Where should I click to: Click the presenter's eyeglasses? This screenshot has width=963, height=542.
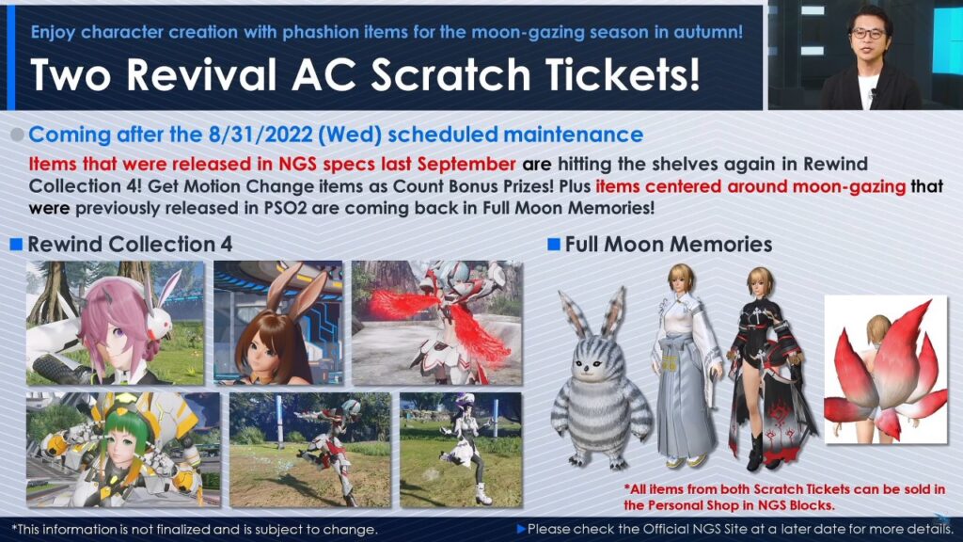click(x=868, y=34)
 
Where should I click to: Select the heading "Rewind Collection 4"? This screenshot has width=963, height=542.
click(x=130, y=244)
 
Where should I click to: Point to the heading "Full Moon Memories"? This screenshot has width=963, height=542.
click(x=669, y=244)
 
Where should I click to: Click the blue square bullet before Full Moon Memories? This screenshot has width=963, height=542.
click(x=553, y=244)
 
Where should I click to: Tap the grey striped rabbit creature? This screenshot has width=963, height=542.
click(x=601, y=378)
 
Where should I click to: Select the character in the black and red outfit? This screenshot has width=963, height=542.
click(x=769, y=369)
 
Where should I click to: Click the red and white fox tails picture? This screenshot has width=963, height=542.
click(x=886, y=369)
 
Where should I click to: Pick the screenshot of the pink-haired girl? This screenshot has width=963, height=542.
click(x=116, y=323)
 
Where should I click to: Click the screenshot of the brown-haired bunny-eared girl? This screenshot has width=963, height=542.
click(x=278, y=323)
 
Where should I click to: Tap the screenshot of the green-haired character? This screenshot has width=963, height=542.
click(x=123, y=450)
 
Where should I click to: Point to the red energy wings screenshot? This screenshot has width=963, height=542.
click(x=436, y=323)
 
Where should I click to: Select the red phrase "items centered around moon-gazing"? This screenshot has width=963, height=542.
click(x=750, y=186)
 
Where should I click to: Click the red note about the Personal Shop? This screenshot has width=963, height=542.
click(x=785, y=497)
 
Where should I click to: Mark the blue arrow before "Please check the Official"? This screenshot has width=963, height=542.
click(x=521, y=529)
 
